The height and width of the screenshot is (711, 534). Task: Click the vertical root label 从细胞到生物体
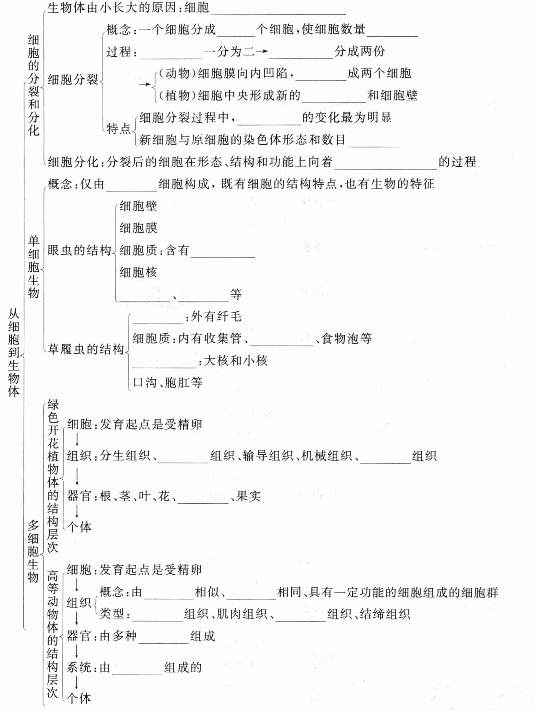14,352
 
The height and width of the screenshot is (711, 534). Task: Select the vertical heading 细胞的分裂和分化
33,85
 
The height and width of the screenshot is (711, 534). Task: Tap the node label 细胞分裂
73,80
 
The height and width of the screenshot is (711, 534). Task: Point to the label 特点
118,129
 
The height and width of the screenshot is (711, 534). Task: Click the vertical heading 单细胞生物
33,267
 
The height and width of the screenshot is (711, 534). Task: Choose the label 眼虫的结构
79,251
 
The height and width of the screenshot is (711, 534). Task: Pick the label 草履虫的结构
86,349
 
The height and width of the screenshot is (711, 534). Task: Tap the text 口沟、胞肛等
168,383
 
